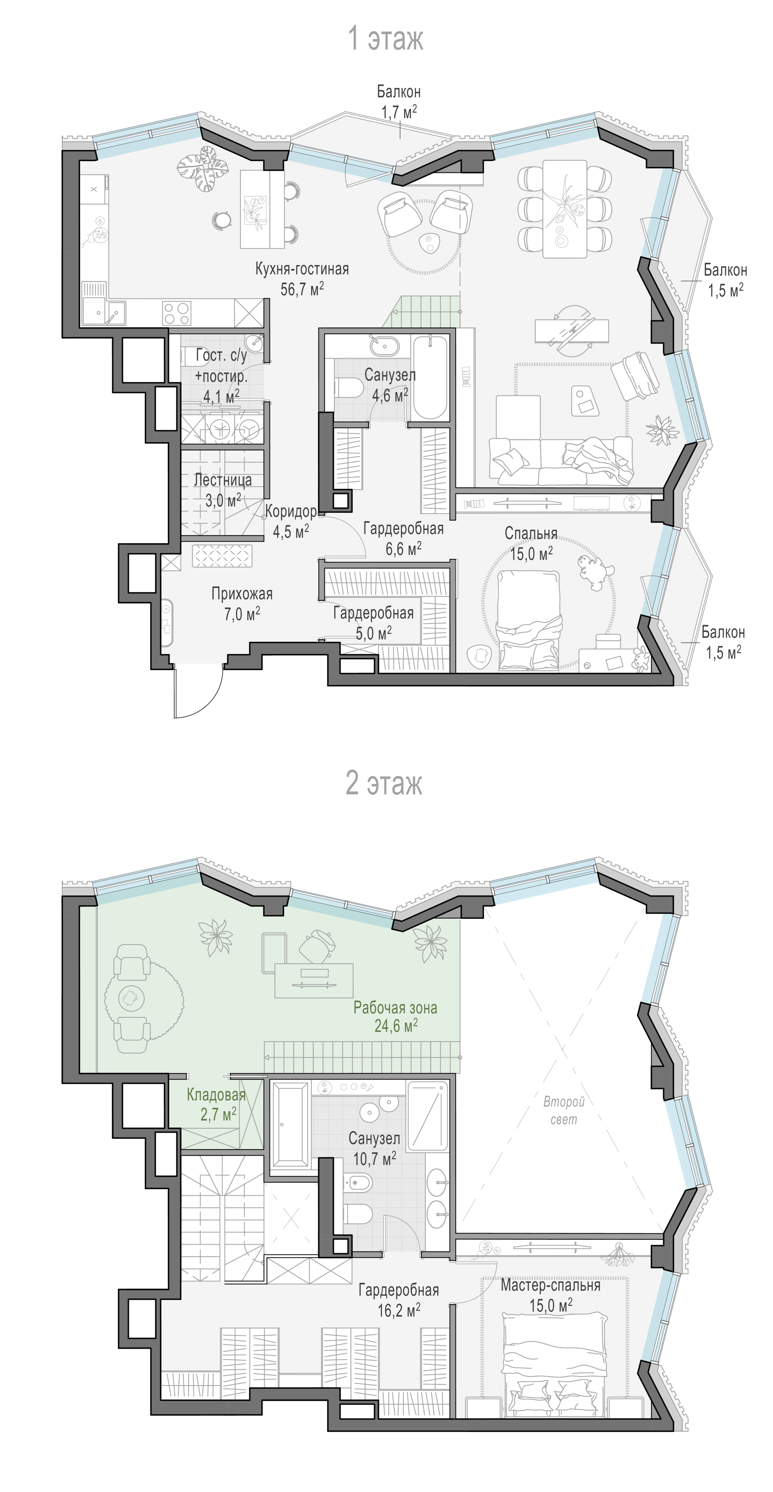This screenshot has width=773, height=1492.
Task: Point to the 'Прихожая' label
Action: (x=242, y=594)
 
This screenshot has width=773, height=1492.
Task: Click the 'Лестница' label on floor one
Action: (x=223, y=480)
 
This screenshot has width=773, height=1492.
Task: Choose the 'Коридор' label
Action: (x=291, y=511)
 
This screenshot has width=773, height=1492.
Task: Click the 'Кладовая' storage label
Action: (x=216, y=1095)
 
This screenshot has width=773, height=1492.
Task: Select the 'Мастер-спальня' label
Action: (x=551, y=1285)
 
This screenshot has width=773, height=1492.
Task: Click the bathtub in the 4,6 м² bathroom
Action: (x=429, y=377)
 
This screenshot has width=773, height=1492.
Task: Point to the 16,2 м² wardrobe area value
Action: (x=399, y=1310)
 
